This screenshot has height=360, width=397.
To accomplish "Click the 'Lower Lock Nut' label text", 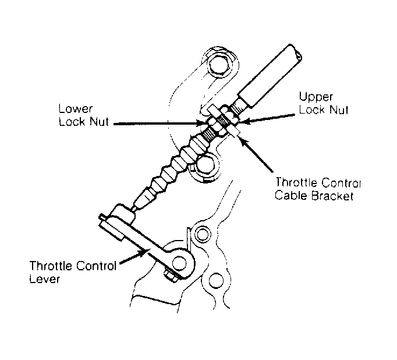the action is click(x=84, y=115).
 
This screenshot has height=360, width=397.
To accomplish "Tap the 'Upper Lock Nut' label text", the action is click(x=324, y=103).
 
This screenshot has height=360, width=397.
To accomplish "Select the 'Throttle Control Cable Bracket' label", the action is click(x=318, y=189).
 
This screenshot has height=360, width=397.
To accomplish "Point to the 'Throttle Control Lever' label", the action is click(x=73, y=272).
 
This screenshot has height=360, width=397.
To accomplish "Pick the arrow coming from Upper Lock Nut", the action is click(x=267, y=119).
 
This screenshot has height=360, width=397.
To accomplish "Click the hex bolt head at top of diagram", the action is click(x=219, y=65).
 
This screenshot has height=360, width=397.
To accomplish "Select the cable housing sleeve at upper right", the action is click(x=270, y=75).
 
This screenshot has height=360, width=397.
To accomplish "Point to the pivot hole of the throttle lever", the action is click(x=179, y=263).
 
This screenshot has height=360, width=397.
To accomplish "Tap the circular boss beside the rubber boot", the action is click(x=204, y=165).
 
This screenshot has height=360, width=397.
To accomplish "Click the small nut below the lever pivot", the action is click(x=171, y=276).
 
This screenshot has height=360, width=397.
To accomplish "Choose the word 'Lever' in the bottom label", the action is click(x=45, y=278).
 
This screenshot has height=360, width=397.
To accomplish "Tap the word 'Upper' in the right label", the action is click(x=316, y=97).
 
